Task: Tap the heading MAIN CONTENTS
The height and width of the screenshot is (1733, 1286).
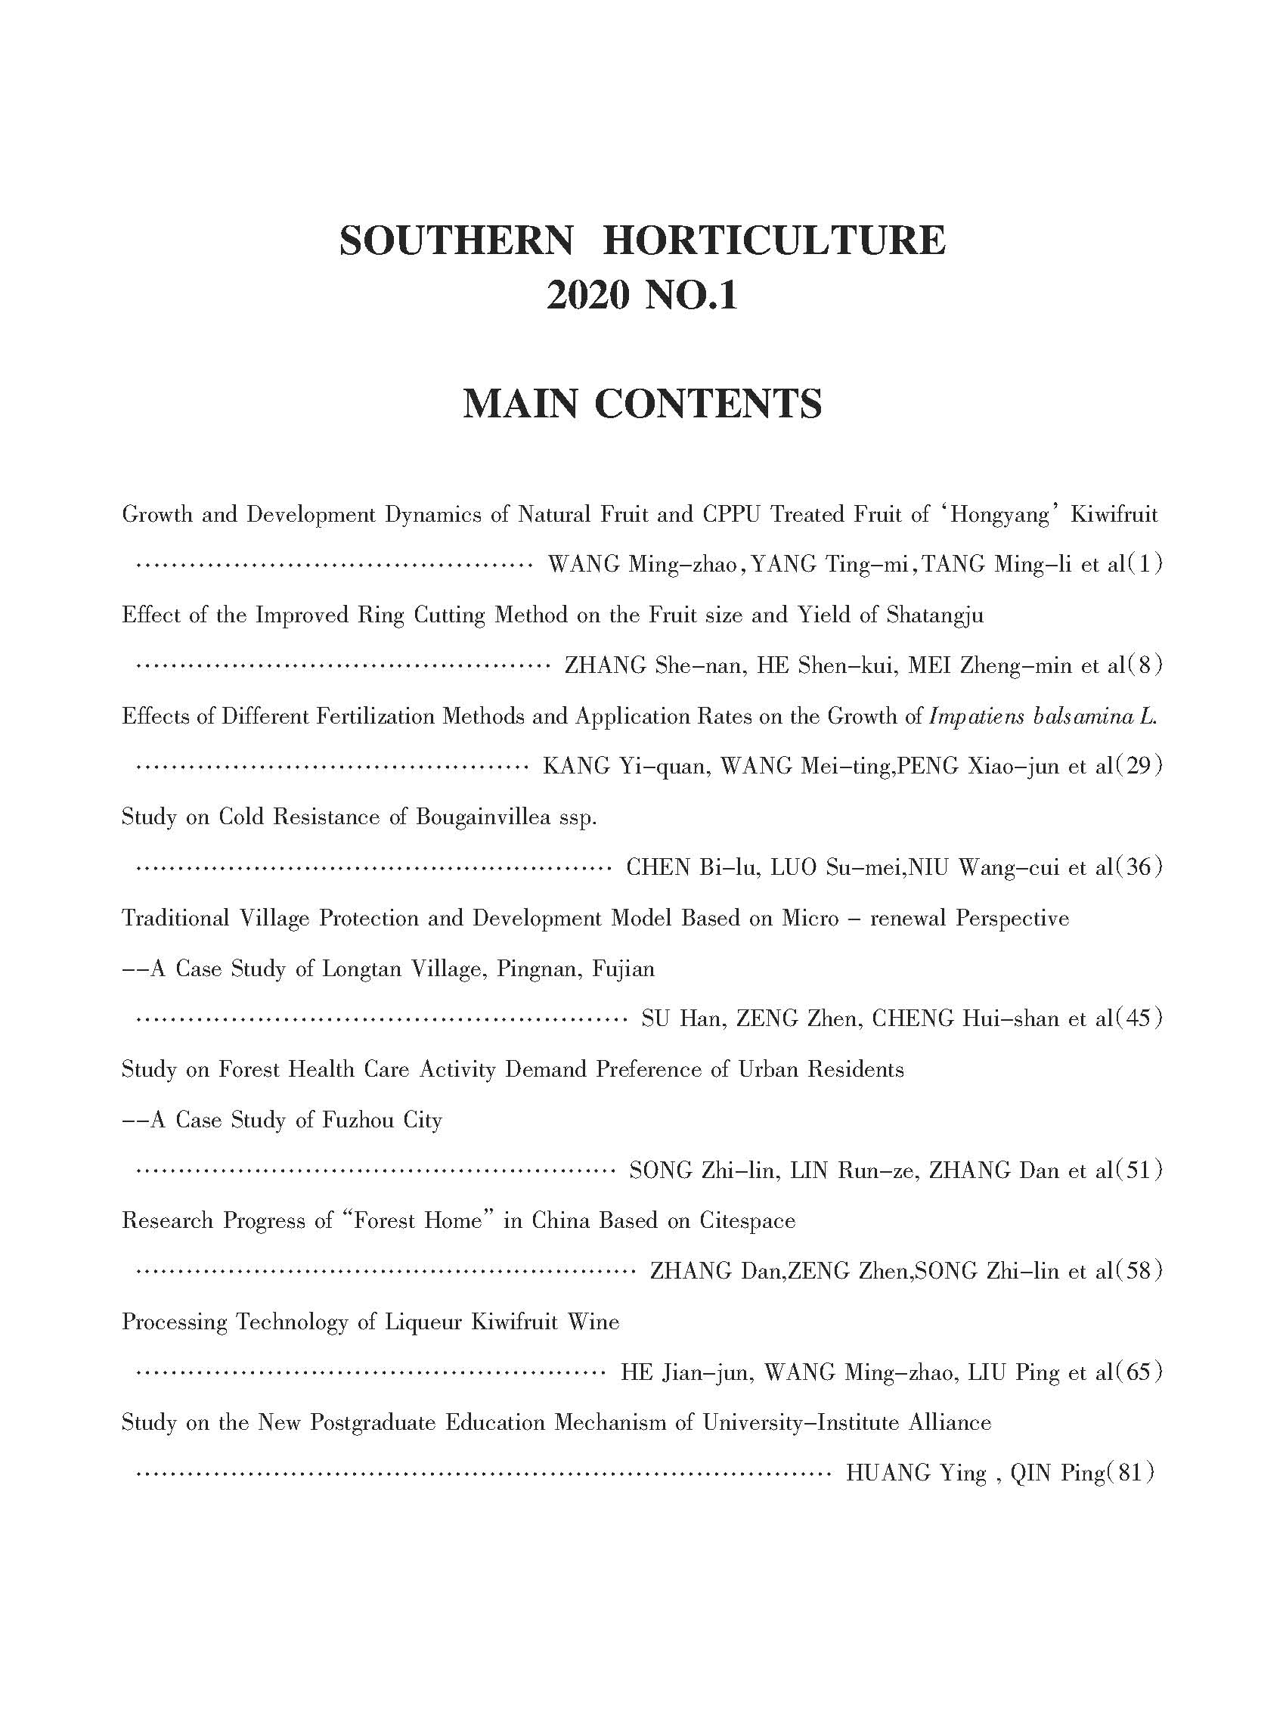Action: coord(642,404)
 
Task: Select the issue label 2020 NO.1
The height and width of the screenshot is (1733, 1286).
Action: coord(642,296)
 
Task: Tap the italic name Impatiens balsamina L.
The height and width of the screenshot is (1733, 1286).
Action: coord(1043,716)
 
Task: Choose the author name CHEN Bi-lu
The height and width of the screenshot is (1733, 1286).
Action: coord(692,867)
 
